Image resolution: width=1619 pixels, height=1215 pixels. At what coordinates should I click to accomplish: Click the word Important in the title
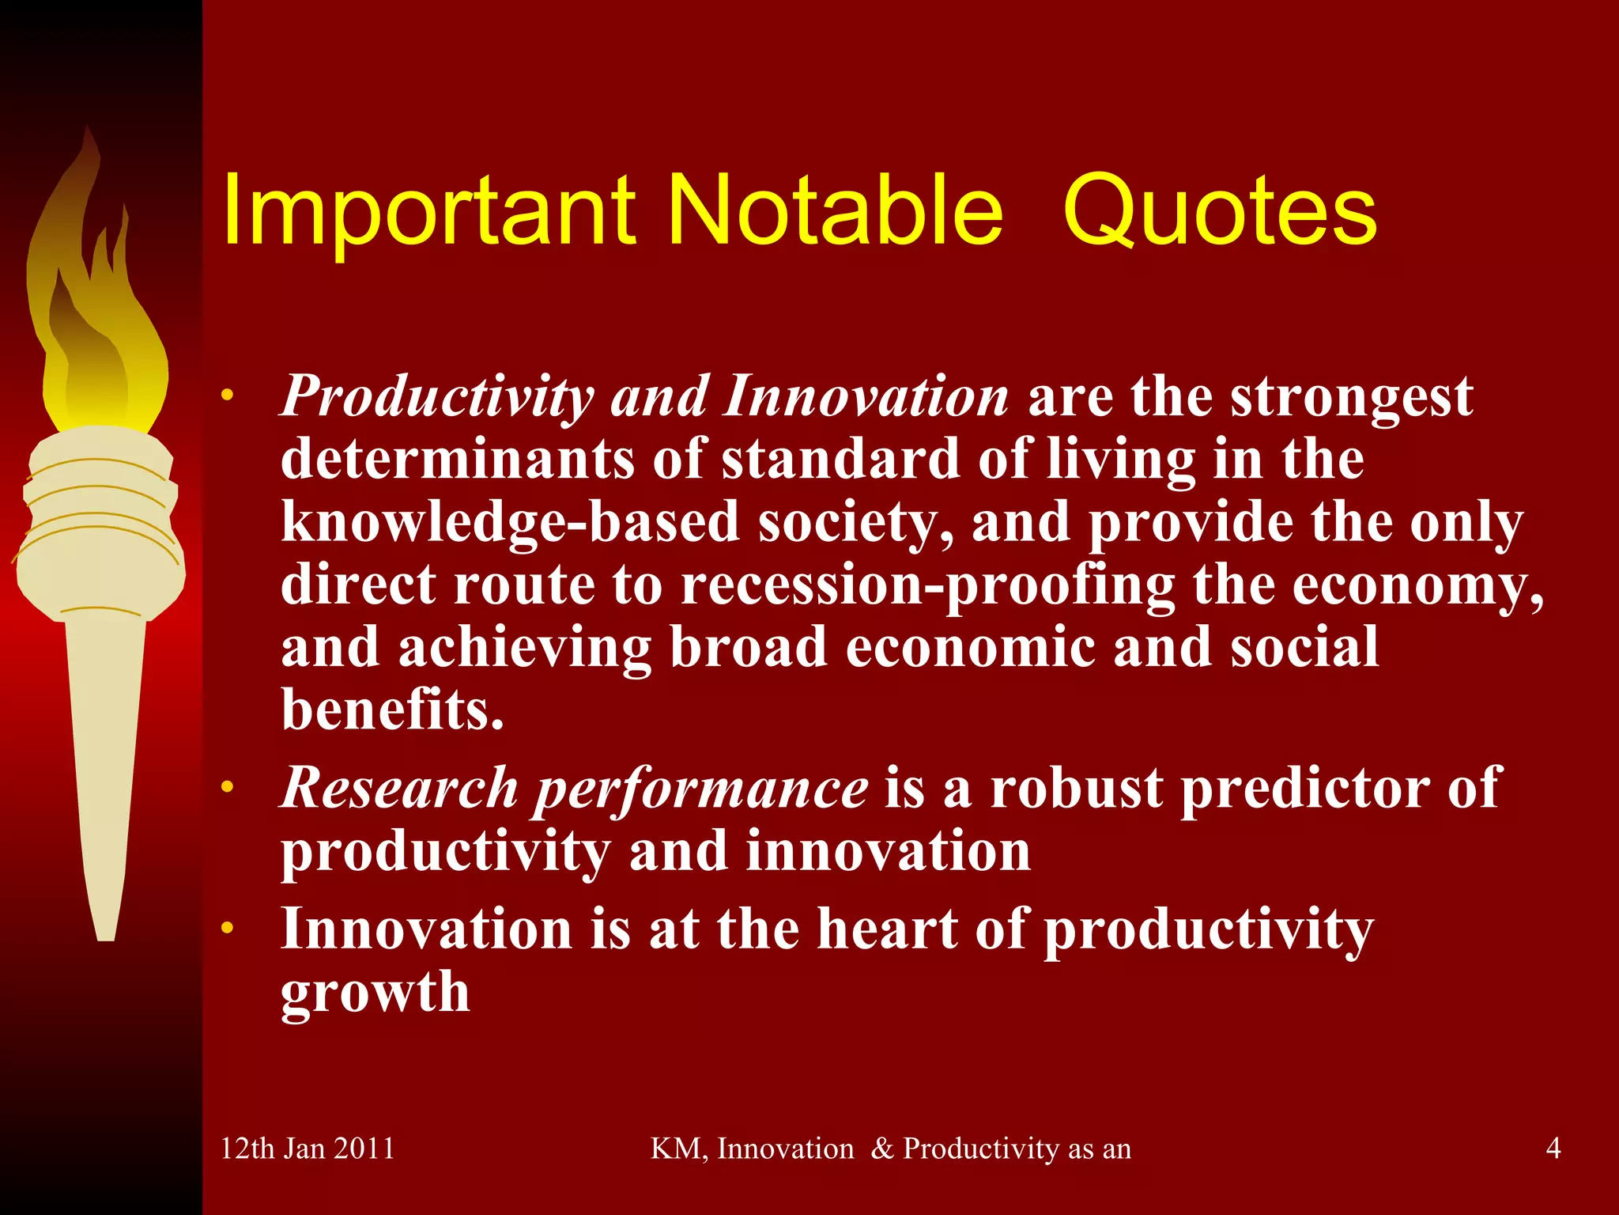point(427,212)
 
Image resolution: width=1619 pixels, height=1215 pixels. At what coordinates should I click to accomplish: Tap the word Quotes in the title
point(1220,212)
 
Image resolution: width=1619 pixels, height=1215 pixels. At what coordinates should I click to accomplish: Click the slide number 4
point(1553,1148)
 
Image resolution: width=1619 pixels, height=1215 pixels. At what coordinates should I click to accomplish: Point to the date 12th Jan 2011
point(308,1148)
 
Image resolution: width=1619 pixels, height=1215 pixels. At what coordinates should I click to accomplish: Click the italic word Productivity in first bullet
point(436,397)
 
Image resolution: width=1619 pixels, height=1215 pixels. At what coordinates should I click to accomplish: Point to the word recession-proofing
point(927,586)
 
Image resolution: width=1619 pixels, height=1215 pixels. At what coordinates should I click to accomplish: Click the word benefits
point(392,710)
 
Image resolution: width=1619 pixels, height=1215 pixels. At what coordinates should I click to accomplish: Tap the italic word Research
point(399,789)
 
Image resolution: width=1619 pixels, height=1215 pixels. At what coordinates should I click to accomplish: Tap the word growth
point(376,992)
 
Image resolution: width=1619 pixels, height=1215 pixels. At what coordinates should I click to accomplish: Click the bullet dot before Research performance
point(228,788)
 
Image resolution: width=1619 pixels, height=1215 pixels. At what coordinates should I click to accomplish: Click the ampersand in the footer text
point(881,1149)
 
